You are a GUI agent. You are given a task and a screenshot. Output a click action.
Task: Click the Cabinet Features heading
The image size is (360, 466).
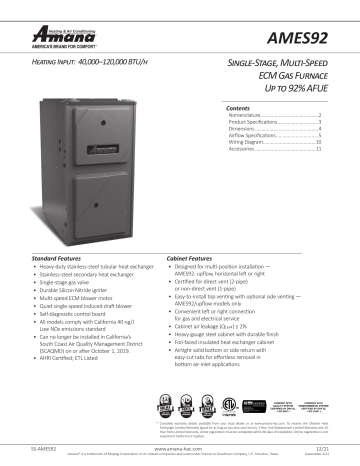pyautogui.click(x=190, y=257)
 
